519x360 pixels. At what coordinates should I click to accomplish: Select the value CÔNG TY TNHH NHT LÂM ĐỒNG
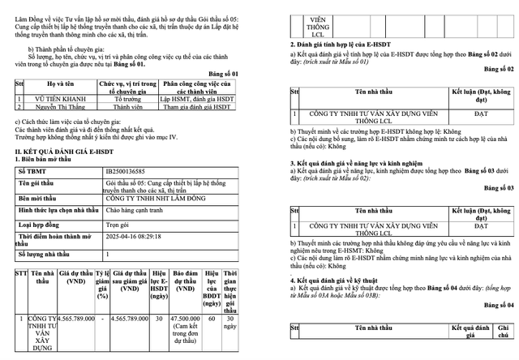tap(159, 197)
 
